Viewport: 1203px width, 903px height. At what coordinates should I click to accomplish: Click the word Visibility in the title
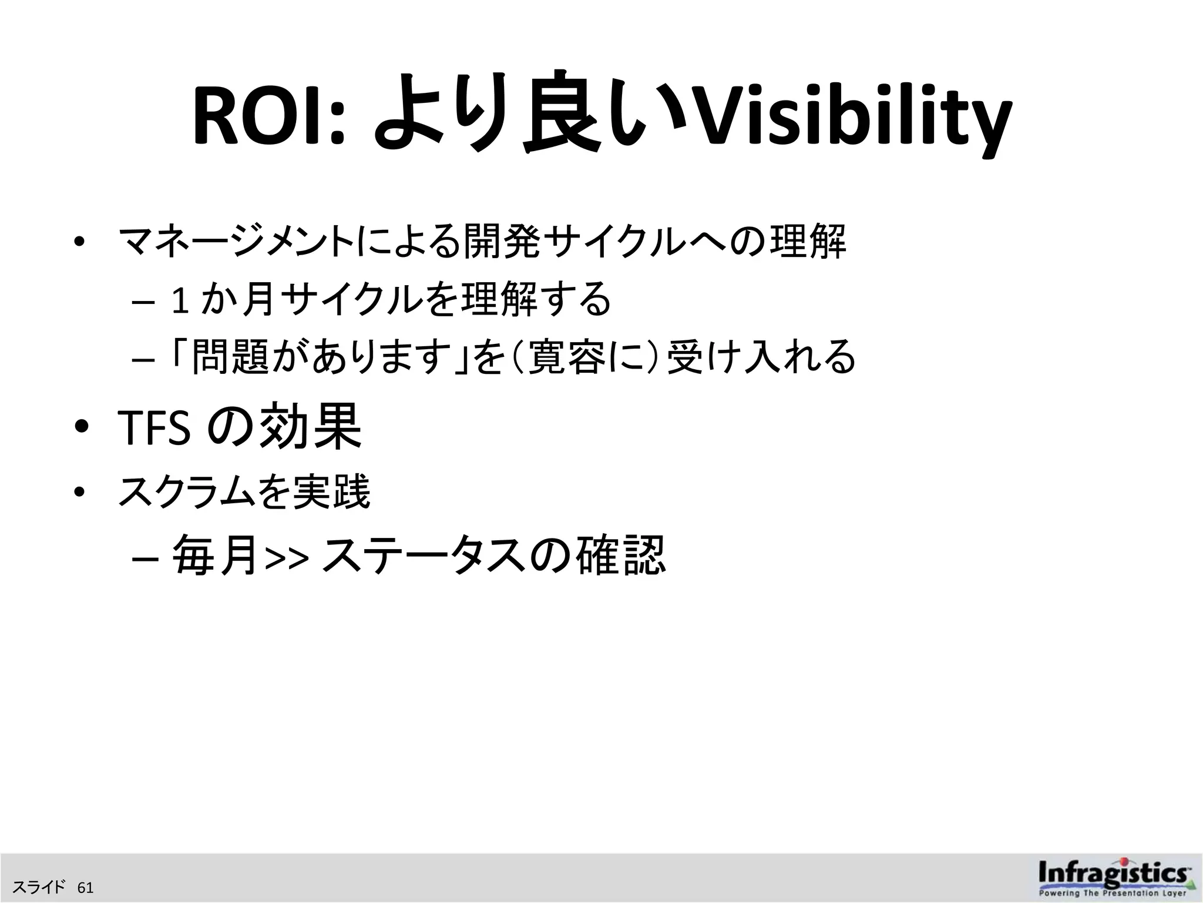(849, 121)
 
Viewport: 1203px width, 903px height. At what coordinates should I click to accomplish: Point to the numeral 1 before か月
(180, 300)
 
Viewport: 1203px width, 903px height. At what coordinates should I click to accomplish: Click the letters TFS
(154, 428)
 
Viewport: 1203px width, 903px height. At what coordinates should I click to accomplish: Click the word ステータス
(423, 556)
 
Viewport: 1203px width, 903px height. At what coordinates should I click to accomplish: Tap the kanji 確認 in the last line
(620, 556)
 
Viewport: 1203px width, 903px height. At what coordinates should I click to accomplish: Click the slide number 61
(85, 887)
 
